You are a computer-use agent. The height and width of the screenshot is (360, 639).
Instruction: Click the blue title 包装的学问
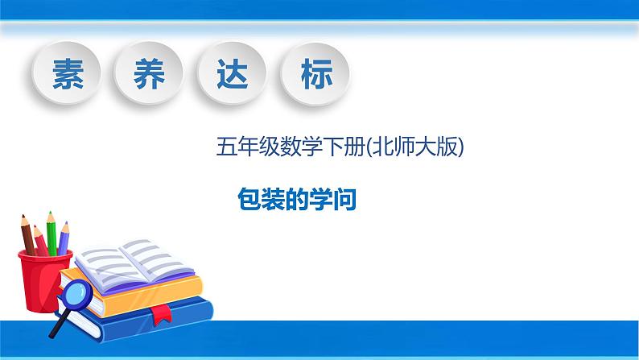point(297,200)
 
